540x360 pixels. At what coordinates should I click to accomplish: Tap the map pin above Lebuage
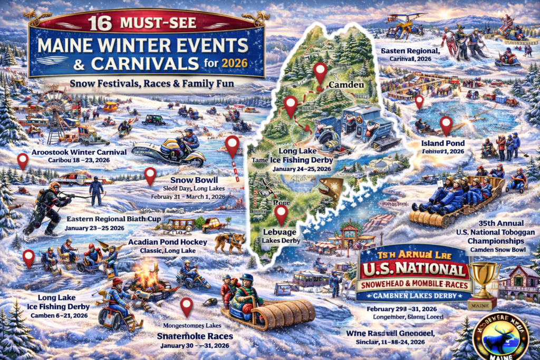point(282,215)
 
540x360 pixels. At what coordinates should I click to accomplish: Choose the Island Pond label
point(442,143)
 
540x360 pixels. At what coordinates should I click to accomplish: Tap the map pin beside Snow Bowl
point(150,176)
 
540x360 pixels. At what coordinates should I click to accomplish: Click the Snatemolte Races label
point(195,335)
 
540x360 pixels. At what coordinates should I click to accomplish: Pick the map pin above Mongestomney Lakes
point(186,306)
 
